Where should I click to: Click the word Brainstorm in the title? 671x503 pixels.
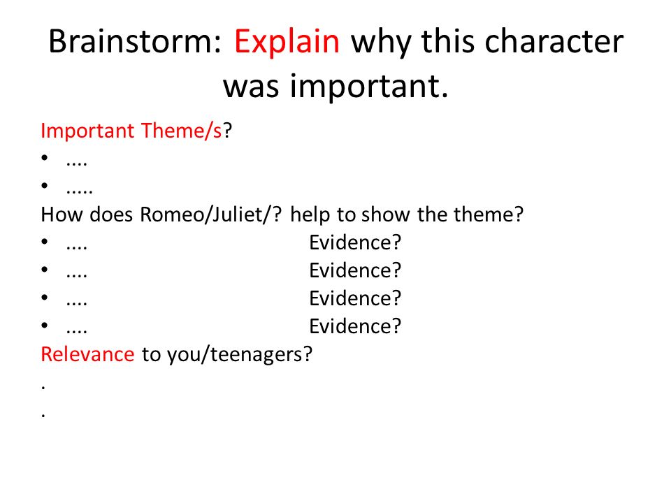click(x=135, y=41)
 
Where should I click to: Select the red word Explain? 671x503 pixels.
click(x=287, y=43)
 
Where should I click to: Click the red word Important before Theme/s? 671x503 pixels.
click(x=87, y=131)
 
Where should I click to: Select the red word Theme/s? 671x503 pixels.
click(x=182, y=130)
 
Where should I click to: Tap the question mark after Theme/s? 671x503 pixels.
click(x=227, y=130)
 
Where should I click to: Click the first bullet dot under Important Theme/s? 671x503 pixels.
click(x=45, y=157)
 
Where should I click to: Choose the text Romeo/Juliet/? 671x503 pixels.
click(x=211, y=214)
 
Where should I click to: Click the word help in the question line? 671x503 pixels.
click(x=310, y=215)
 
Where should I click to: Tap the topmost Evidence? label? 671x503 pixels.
click(x=355, y=242)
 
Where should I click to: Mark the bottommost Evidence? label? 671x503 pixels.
click(x=355, y=326)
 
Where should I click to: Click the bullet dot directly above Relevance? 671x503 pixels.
click(x=45, y=325)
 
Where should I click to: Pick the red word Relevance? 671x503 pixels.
click(x=88, y=354)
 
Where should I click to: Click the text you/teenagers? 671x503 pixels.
click(x=240, y=355)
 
